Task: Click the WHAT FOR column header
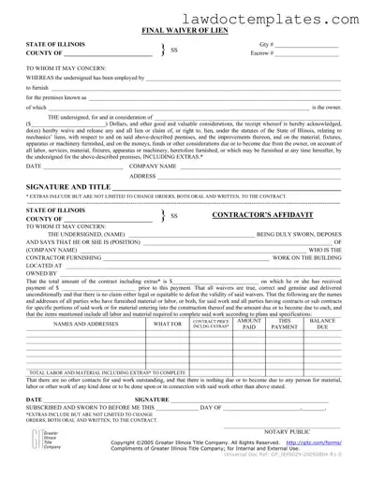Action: (x=168, y=325)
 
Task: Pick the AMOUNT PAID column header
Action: (x=249, y=324)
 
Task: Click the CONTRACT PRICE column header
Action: (x=211, y=324)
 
